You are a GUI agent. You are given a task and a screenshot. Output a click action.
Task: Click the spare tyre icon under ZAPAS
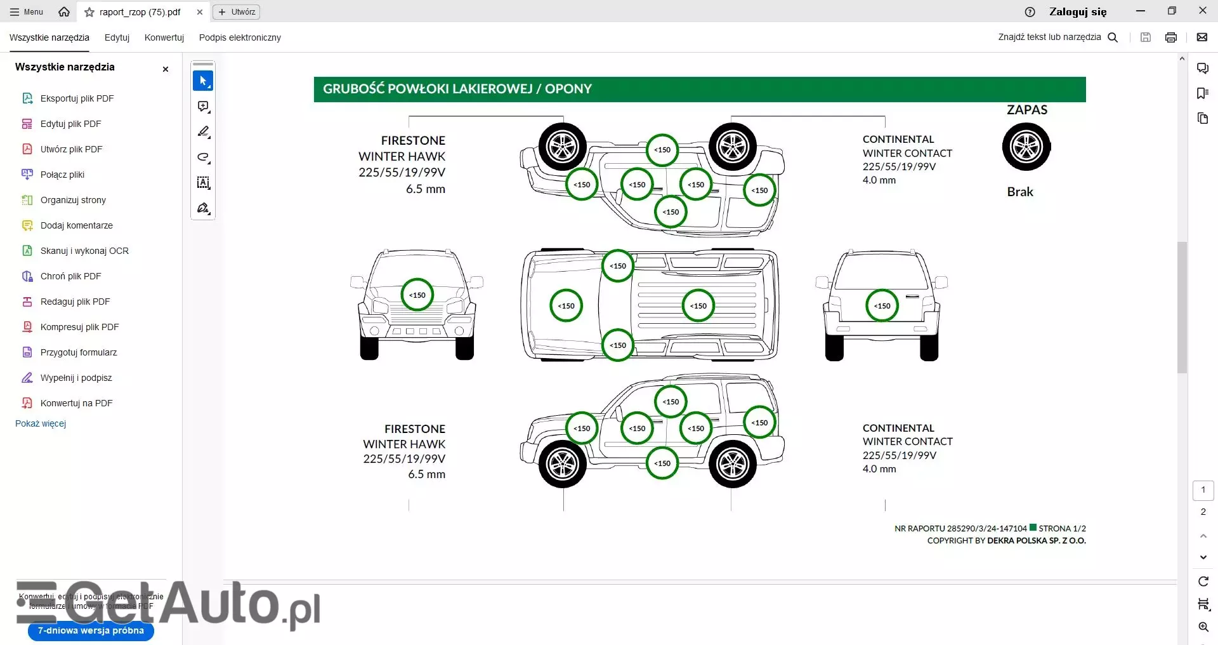1026,147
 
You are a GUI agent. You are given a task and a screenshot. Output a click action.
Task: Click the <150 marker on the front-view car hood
417,295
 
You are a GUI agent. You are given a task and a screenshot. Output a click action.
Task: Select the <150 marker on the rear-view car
882,305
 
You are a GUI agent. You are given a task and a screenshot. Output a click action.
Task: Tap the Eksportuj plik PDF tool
77,98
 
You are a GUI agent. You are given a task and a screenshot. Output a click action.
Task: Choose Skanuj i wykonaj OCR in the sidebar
84,251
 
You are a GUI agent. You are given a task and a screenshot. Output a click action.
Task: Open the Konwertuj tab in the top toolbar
164,37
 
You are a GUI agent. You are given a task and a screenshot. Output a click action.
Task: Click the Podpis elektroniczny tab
240,37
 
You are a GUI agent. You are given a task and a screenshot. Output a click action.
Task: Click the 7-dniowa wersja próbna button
91,630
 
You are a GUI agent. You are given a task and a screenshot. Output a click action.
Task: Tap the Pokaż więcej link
41,423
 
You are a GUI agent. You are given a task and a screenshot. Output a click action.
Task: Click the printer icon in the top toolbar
1171,37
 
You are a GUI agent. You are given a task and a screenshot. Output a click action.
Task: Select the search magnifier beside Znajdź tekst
1113,37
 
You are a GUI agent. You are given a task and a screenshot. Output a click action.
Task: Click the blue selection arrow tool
203,81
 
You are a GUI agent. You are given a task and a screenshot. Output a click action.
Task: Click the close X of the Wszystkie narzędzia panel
166,69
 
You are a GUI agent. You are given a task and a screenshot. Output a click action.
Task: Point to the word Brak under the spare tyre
1020,192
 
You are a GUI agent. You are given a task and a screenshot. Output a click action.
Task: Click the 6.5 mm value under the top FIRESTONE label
426,189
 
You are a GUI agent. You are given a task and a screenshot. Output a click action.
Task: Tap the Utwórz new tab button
237,12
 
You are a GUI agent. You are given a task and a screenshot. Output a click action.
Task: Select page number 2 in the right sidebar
1203,512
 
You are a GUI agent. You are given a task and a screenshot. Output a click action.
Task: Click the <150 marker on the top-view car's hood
566,305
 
